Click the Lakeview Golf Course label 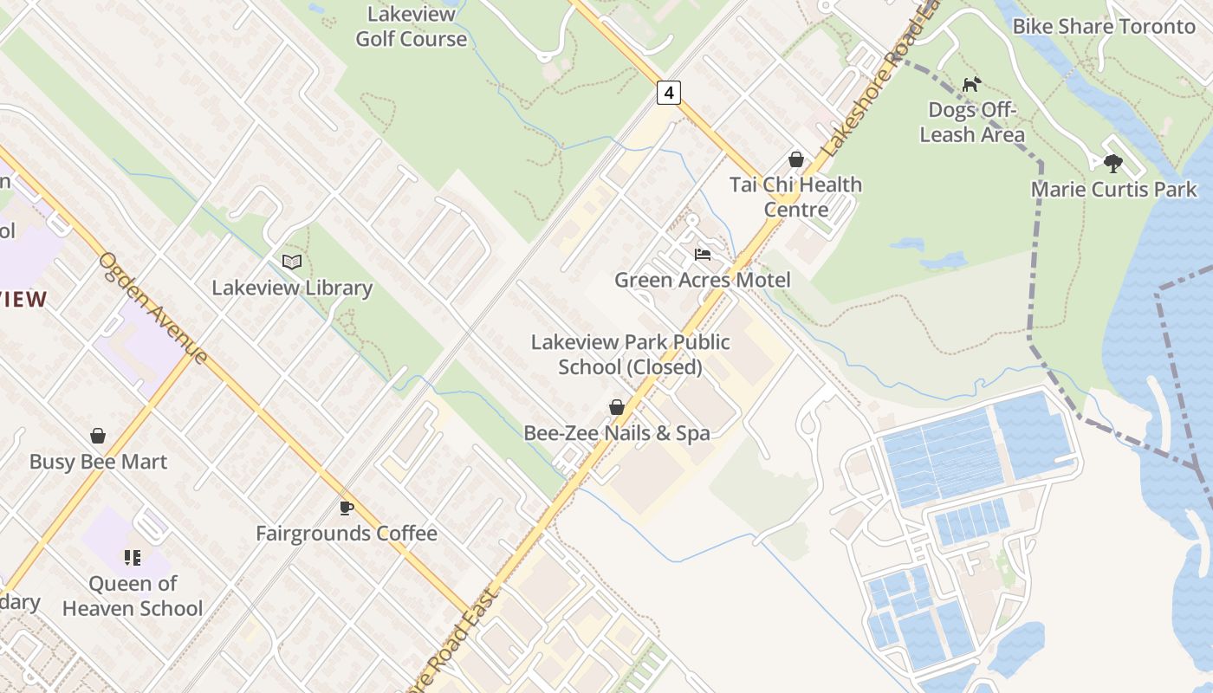point(411,27)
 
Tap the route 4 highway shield point(668,93)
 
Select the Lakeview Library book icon point(292,262)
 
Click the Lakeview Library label point(292,288)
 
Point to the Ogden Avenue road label point(153,308)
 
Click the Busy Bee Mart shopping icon point(98,436)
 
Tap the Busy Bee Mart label point(98,462)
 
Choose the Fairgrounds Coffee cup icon point(347,508)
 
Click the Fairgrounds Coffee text point(347,534)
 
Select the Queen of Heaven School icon point(133,558)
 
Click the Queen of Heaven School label point(133,596)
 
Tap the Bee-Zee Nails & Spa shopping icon point(617,407)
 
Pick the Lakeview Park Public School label point(630,354)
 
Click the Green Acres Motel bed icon point(703,255)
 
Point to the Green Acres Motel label point(703,281)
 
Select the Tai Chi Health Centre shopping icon point(796,159)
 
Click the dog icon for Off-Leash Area point(972,84)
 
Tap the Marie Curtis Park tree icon point(1113,163)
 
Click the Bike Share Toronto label point(1104,26)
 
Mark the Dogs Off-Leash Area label point(972,122)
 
